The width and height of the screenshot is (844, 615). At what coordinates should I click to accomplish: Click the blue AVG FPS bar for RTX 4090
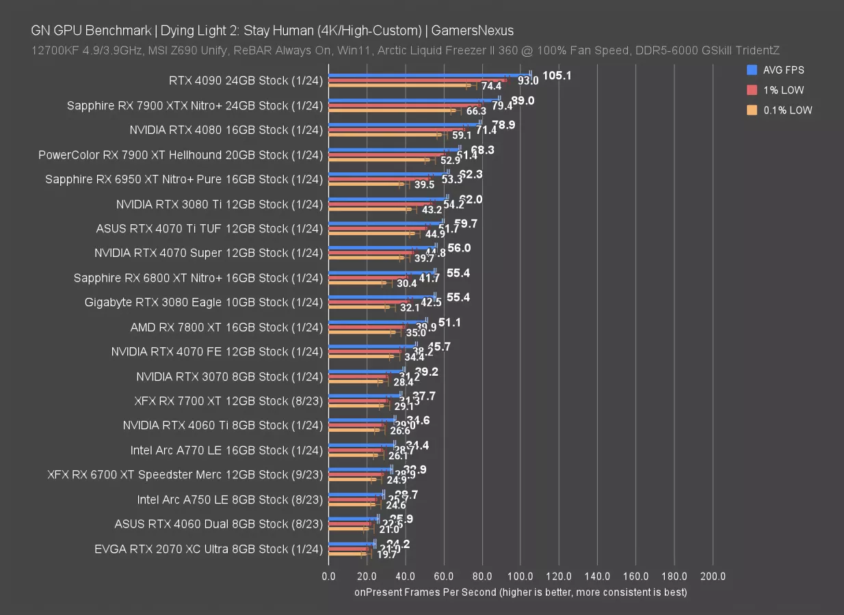tap(430, 75)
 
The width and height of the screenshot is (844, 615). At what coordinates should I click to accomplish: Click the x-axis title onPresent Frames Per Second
tap(520, 592)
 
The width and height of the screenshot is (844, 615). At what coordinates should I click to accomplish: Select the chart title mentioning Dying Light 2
tap(272, 30)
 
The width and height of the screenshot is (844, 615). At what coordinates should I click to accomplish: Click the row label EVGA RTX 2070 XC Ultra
tap(209, 549)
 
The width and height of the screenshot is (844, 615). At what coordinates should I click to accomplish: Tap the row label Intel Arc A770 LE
tap(226, 450)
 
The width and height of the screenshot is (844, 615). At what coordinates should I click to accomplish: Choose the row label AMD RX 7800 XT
tap(226, 327)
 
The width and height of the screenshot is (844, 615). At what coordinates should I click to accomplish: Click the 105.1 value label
tap(557, 76)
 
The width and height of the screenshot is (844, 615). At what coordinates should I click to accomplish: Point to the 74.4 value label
tap(491, 87)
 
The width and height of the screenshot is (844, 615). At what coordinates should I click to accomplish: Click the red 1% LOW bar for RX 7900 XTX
tap(404, 105)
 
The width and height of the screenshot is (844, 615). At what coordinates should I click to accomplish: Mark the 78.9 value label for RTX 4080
tap(503, 125)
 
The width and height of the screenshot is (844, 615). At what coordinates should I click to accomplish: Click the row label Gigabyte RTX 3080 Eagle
tap(203, 302)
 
